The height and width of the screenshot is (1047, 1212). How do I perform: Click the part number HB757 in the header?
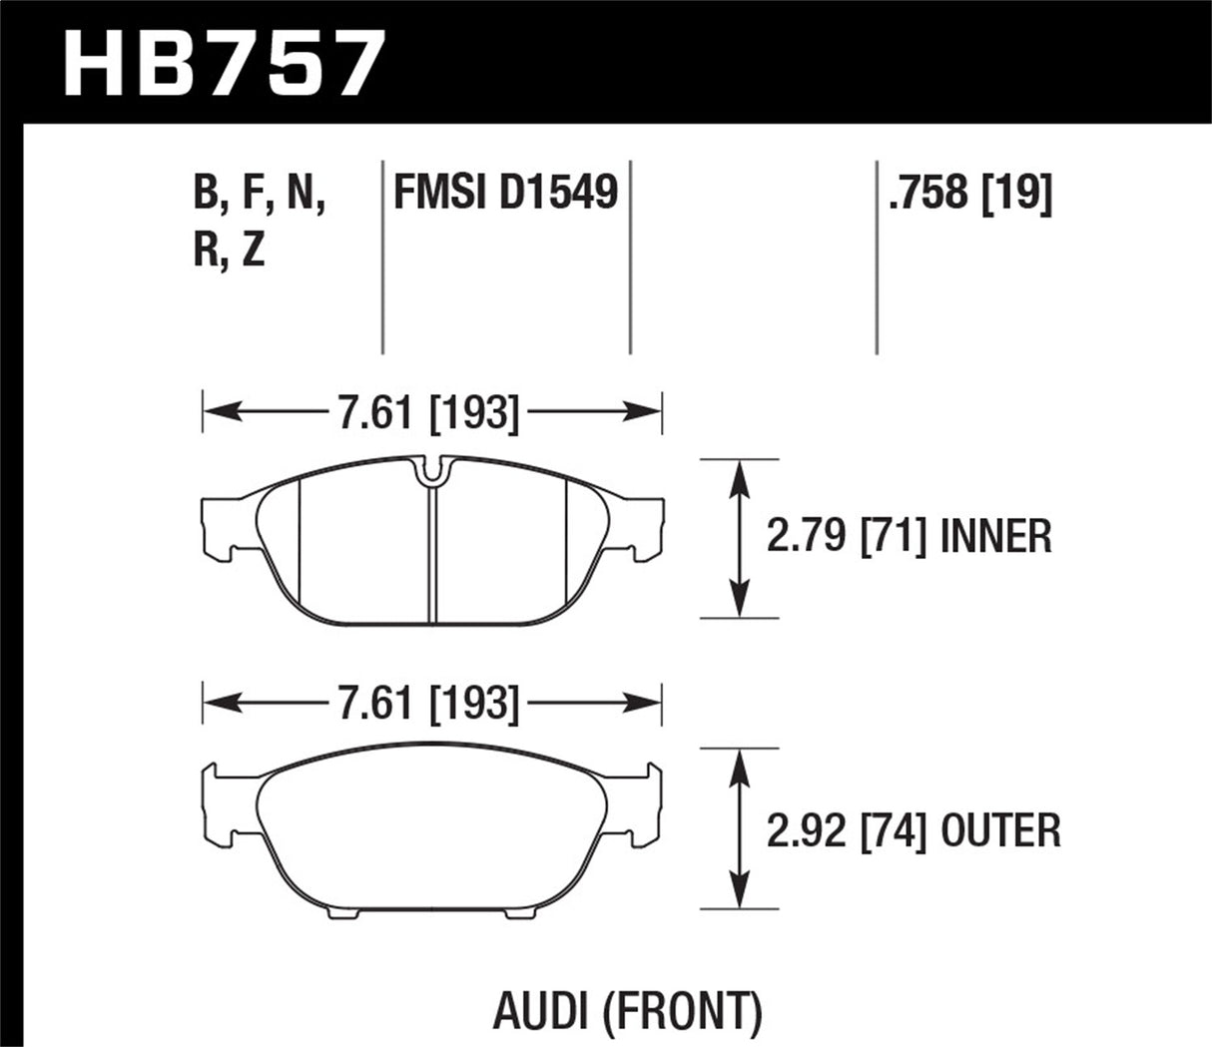tap(223, 62)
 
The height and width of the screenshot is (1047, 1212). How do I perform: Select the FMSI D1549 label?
tap(505, 192)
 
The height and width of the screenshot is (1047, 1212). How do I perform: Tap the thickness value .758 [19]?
tap(968, 192)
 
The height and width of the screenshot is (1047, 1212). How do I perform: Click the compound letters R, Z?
tap(229, 251)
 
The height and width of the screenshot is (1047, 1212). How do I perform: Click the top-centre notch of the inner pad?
tap(431, 472)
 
